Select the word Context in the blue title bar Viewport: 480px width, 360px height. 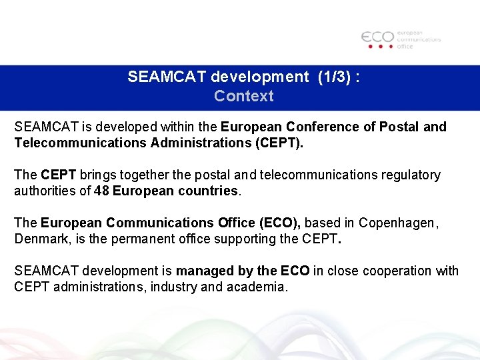(243, 96)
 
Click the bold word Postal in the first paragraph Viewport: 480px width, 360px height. (399, 127)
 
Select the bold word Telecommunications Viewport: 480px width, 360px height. (81, 143)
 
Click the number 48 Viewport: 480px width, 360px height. (102, 191)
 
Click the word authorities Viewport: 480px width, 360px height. (45, 191)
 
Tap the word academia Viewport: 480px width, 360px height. (257, 287)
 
